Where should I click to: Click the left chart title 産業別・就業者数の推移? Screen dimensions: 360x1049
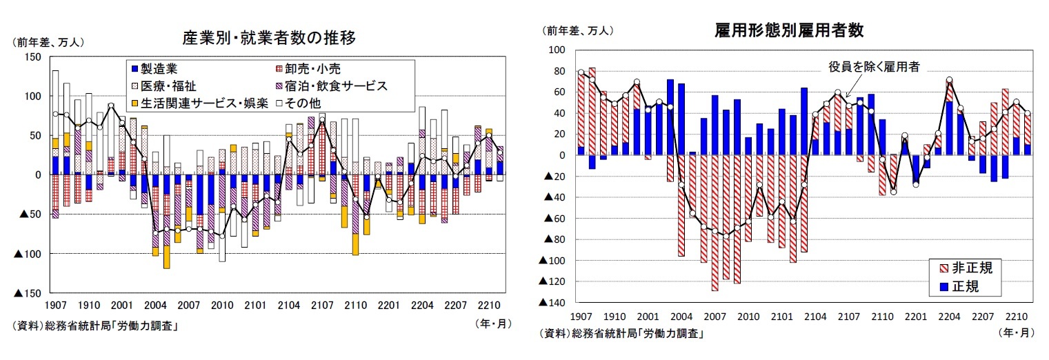point(268,37)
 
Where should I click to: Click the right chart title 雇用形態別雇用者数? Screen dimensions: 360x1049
point(790,30)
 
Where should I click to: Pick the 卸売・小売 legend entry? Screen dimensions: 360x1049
point(308,69)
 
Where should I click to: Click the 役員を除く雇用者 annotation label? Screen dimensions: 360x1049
point(874,67)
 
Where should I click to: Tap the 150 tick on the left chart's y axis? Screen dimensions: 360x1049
point(32,57)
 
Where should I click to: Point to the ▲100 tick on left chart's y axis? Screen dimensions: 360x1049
point(28,254)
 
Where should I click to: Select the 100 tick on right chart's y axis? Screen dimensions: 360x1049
point(557,50)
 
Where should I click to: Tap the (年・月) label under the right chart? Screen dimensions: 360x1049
point(1015,332)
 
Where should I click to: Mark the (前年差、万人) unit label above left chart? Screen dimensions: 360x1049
point(48,42)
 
